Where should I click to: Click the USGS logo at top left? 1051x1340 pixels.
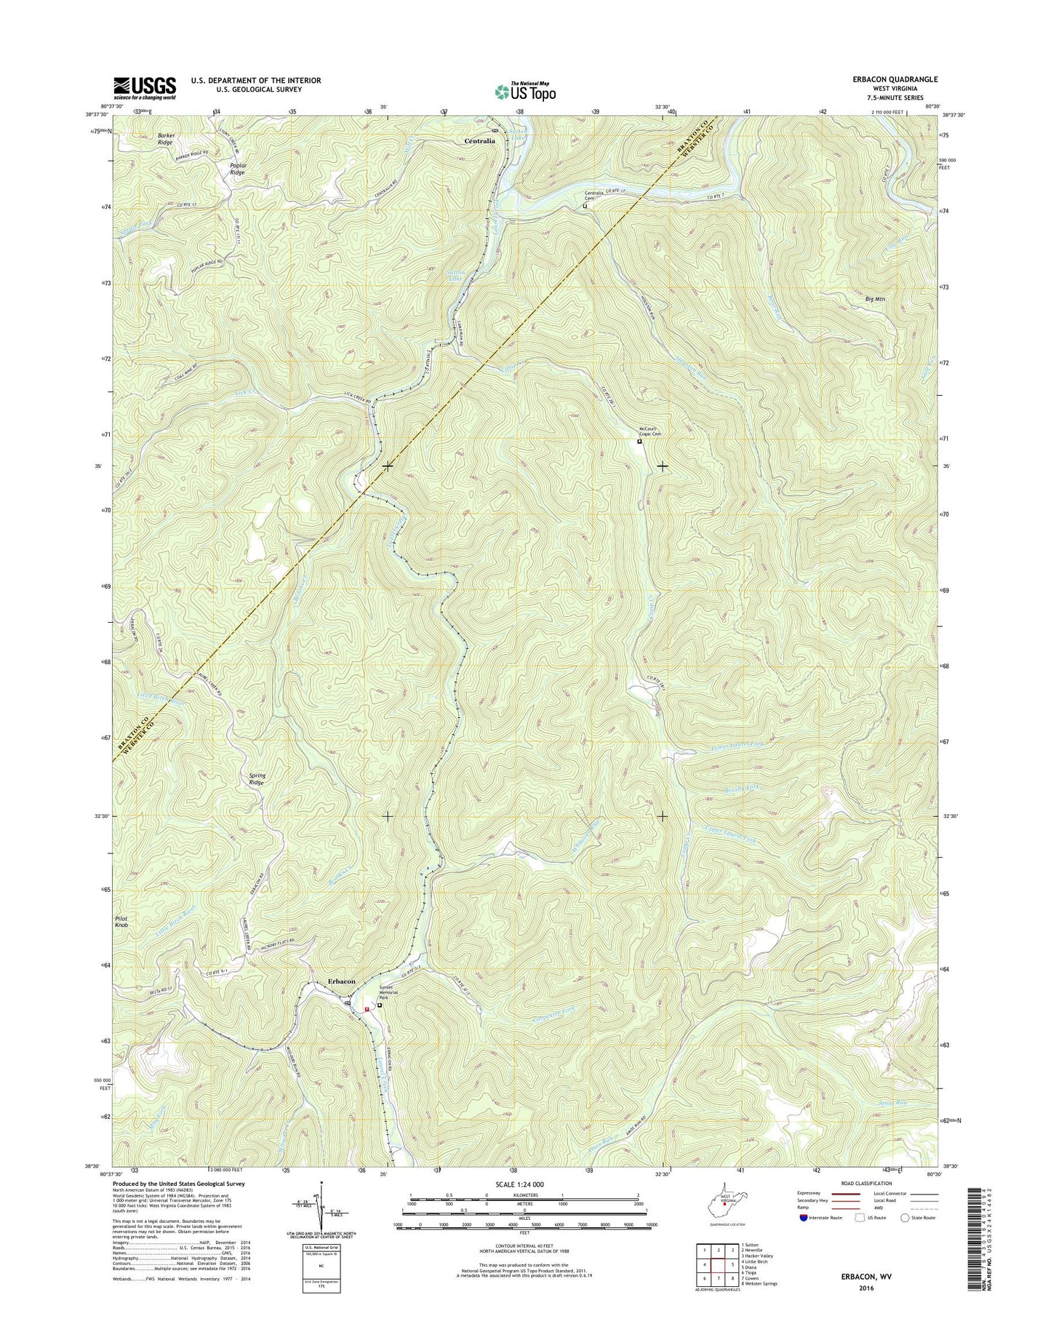[x=144, y=88]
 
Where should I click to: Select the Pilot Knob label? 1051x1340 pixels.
[x=121, y=922]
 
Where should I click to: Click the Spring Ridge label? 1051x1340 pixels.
[x=257, y=779]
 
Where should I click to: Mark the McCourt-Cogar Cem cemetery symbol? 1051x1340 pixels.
[x=639, y=442]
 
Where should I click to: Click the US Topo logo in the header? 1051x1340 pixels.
[x=525, y=92]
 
